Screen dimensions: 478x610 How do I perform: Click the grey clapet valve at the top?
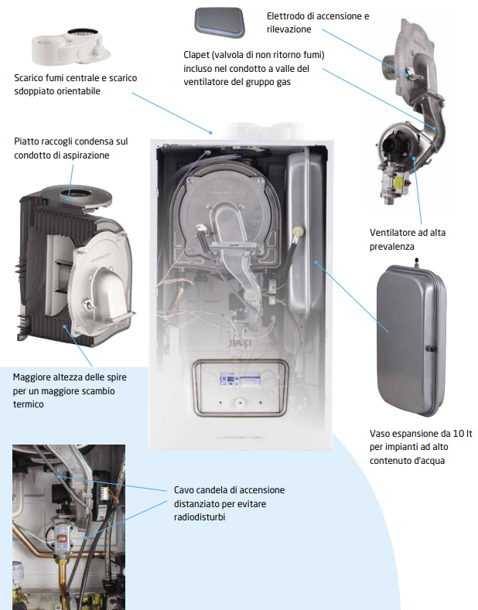[x=220, y=22]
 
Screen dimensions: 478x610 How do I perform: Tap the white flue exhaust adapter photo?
[x=71, y=46]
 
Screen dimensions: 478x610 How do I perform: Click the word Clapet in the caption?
[x=196, y=55]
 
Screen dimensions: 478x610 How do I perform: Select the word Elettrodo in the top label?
[x=284, y=16]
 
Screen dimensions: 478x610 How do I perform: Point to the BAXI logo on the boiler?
[x=241, y=342]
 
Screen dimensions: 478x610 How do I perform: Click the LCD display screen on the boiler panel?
[x=241, y=379]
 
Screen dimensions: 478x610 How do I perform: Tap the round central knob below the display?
[x=241, y=402]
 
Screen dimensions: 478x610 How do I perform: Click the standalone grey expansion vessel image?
[x=411, y=338]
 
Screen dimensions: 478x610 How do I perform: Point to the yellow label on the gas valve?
[x=400, y=182]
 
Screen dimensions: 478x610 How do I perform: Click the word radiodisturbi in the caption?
[x=200, y=517]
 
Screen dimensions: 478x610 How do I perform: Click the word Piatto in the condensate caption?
[x=26, y=141]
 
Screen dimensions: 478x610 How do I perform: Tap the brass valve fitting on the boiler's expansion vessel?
[x=300, y=231]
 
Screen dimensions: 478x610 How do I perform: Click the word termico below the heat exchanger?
[x=28, y=404]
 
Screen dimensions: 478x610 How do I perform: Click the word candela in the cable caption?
[x=213, y=490]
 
